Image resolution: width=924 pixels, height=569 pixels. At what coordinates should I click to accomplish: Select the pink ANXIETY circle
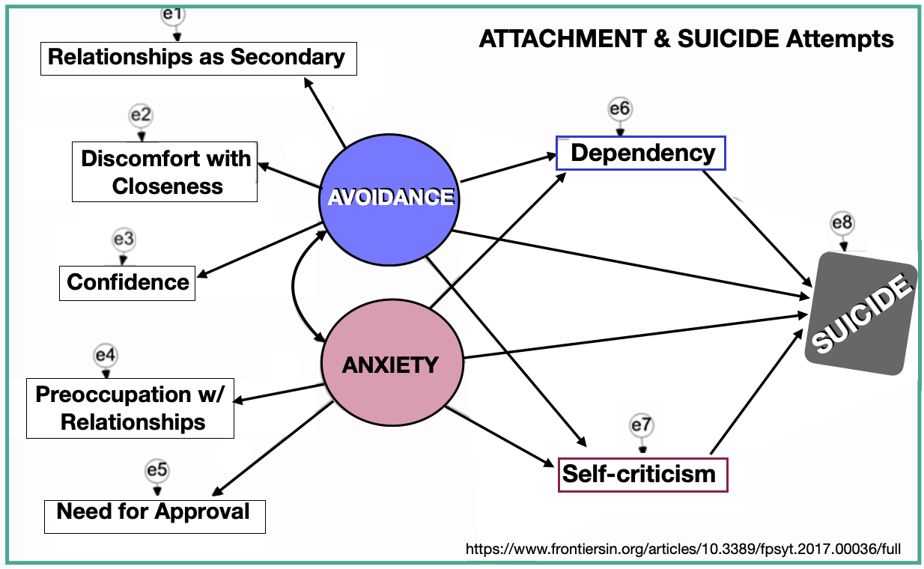click(x=390, y=365)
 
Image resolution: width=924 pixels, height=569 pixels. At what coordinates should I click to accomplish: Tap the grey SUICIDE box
click(x=862, y=312)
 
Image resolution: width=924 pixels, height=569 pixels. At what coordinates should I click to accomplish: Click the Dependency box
click(x=642, y=153)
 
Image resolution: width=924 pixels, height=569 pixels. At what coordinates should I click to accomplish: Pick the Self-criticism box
click(x=642, y=474)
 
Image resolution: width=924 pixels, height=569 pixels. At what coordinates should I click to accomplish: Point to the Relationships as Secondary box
click(x=197, y=58)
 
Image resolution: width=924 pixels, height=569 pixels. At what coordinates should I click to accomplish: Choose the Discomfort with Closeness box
click(x=165, y=172)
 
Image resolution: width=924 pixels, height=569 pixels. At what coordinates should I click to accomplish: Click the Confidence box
click(x=127, y=282)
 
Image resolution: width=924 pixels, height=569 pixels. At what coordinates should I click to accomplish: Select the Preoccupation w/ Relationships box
click(x=130, y=408)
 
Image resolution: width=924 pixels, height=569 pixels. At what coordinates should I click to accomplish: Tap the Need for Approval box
click(x=154, y=512)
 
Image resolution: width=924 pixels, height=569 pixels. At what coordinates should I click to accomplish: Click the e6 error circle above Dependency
click(x=620, y=109)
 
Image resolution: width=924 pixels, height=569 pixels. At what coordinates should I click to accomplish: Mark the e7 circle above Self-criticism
click(x=642, y=425)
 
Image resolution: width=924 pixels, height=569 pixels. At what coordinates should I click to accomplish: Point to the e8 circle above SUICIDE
click(x=842, y=223)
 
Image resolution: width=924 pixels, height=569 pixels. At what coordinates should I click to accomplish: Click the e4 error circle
click(x=106, y=355)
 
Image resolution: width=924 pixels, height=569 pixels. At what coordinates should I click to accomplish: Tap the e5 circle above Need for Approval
click(x=156, y=471)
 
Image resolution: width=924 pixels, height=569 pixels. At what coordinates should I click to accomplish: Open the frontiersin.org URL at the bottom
click(x=682, y=549)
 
